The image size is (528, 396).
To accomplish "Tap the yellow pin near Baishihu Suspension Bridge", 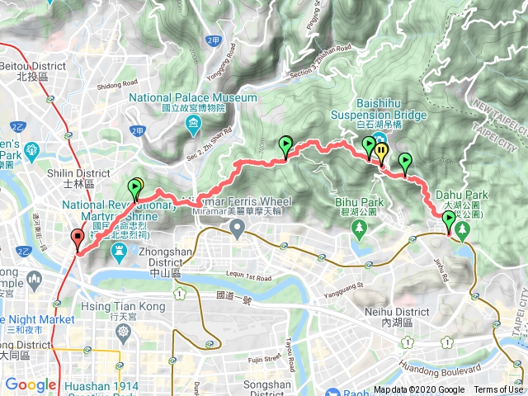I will (381, 151).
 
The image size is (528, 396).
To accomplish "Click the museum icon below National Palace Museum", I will (193, 124).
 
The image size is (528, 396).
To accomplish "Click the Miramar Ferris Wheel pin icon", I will (238, 231).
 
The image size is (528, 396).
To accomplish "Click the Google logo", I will (31, 384).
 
